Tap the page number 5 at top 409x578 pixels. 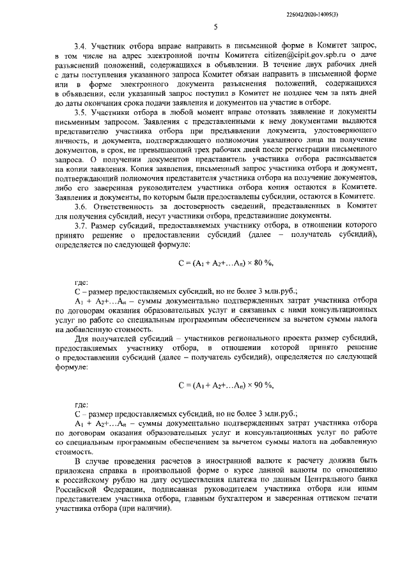click(x=215, y=26)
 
